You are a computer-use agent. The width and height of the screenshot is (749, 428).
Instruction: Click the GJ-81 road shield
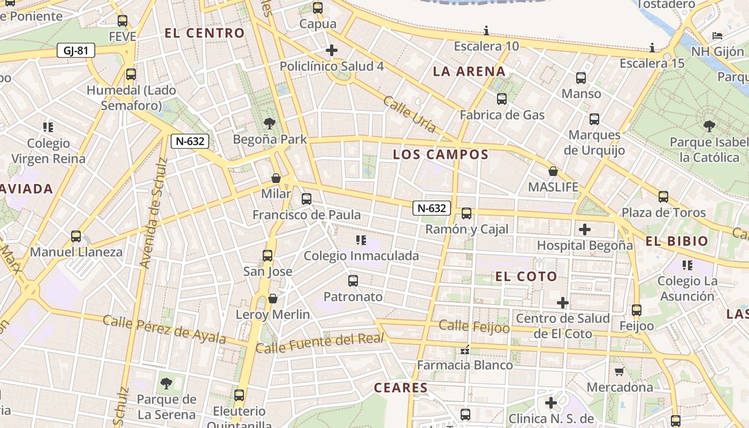coord(75,51)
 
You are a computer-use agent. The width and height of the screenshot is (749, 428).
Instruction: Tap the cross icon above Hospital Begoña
coord(585,230)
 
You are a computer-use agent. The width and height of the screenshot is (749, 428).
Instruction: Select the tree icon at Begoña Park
coord(270,124)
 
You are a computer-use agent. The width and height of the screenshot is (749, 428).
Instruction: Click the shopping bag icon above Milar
coord(276,178)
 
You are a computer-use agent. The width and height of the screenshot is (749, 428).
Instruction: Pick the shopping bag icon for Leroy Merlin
coord(273,299)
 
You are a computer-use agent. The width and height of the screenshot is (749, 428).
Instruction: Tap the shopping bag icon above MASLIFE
coord(553,172)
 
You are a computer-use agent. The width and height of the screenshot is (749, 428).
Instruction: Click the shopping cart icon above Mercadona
coord(620,371)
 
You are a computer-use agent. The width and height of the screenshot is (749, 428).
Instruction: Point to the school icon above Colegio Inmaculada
coord(361,240)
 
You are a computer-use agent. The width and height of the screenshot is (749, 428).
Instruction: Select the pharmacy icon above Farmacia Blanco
coord(465,350)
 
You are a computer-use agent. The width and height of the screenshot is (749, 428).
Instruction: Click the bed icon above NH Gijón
coord(717,36)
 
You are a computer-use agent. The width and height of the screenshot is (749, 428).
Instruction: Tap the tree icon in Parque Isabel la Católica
coord(709,126)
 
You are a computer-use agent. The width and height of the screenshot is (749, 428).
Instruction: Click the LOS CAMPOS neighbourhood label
coord(441,155)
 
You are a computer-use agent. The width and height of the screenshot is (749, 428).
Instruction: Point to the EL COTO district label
coord(526,277)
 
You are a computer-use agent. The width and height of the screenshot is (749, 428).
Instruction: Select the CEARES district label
coord(401,388)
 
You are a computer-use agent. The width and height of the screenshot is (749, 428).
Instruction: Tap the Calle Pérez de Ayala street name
coord(167,327)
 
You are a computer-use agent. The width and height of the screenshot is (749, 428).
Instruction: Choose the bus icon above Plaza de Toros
coord(663,197)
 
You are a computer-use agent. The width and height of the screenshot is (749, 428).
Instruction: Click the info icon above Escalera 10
coord(486,30)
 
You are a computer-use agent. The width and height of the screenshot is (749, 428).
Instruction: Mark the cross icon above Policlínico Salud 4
coord(332,51)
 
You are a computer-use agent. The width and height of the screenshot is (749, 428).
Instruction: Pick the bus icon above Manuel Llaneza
coord(76,236)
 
